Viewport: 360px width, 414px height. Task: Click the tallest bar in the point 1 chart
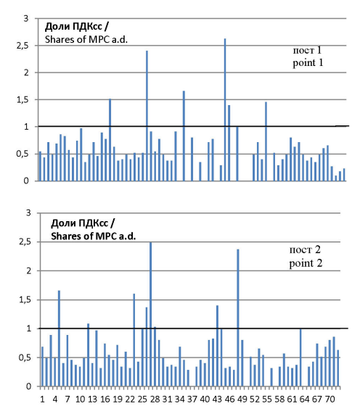pyautogui.click(x=225, y=109)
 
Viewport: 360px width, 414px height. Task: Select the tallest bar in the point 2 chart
pyautogui.click(x=151, y=314)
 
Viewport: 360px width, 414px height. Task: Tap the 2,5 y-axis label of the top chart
pyautogui.click(x=22, y=46)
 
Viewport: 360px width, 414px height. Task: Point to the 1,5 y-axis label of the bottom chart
pyautogui.click(x=25, y=300)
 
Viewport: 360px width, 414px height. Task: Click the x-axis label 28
pyautogui.click(x=155, y=399)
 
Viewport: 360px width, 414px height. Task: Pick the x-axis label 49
pyautogui.click(x=242, y=399)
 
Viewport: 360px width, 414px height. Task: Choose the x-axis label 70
pyautogui.click(x=330, y=399)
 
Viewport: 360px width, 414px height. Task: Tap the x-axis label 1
pyautogui.click(x=42, y=399)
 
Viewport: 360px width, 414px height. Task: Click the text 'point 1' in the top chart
pyautogui.click(x=308, y=63)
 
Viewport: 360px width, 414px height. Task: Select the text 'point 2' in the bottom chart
pyautogui.click(x=306, y=263)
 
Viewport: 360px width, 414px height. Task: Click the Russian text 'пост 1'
pyautogui.click(x=307, y=50)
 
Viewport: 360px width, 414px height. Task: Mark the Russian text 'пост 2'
pyautogui.click(x=305, y=249)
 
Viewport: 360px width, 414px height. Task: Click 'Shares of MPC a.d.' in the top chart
pyautogui.click(x=86, y=40)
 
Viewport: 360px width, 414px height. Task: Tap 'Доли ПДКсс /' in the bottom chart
pyautogui.click(x=83, y=223)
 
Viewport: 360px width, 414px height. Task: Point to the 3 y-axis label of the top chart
pyautogui.click(x=25, y=18)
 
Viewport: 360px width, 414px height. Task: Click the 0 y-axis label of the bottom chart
pyautogui.click(x=28, y=386)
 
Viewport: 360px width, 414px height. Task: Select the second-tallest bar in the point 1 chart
pyautogui.click(x=147, y=116)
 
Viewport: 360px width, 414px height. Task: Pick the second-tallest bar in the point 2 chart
pyautogui.click(x=238, y=318)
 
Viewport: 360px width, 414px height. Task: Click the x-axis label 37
pyautogui.click(x=192, y=399)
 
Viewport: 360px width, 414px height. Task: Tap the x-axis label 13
pyautogui.click(x=92, y=399)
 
